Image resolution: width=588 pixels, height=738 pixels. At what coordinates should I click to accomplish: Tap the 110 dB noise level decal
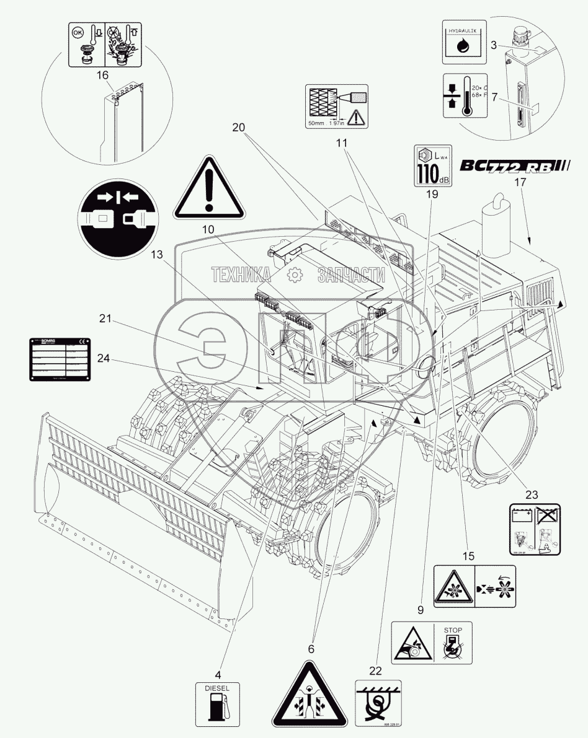pyautogui.click(x=433, y=165)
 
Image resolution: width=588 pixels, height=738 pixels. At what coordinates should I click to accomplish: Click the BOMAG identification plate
pyautogui.click(x=59, y=358)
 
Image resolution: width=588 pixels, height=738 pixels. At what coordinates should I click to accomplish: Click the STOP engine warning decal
pyautogui.click(x=430, y=643)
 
